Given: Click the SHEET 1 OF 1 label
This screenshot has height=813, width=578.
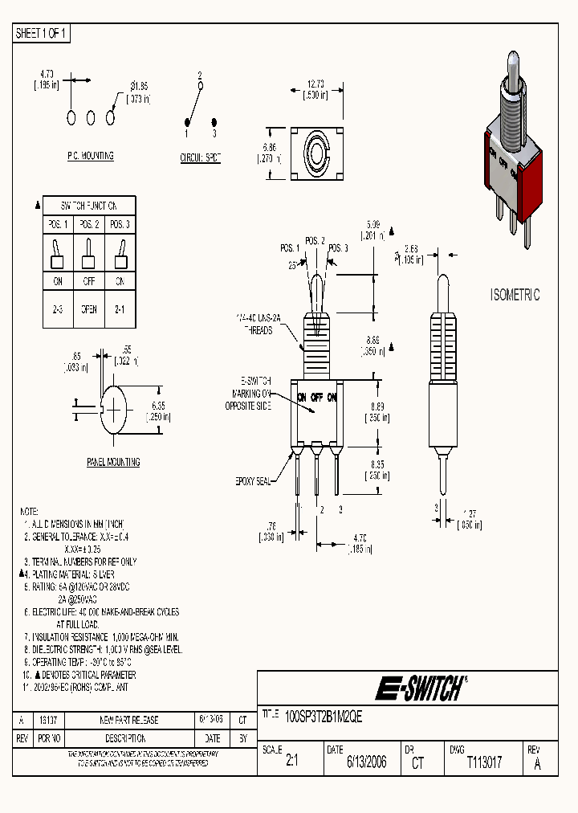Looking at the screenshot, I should click(43, 33).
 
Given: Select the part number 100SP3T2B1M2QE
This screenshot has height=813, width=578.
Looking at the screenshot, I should click(324, 719).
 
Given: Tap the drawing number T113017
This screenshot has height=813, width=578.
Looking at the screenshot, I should click(484, 762).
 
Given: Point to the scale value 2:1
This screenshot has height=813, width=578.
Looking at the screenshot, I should click(291, 762).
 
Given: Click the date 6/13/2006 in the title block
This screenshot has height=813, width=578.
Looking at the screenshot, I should click(367, 762).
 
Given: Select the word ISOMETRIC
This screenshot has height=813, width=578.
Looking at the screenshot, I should click(515, 295).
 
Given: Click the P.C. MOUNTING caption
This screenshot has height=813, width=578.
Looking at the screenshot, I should click(90, 156).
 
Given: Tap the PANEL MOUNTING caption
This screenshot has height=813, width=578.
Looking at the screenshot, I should click(113, 462).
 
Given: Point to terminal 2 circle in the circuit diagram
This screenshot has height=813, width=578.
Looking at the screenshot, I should click(200, 84).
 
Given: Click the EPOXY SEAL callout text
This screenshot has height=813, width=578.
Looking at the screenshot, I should click(253, 480).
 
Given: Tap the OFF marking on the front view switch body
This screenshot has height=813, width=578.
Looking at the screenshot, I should click(317, 397).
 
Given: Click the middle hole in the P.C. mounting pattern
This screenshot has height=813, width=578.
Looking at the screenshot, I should click(91, 118).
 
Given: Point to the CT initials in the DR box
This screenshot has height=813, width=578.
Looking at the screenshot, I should click(417, 763).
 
